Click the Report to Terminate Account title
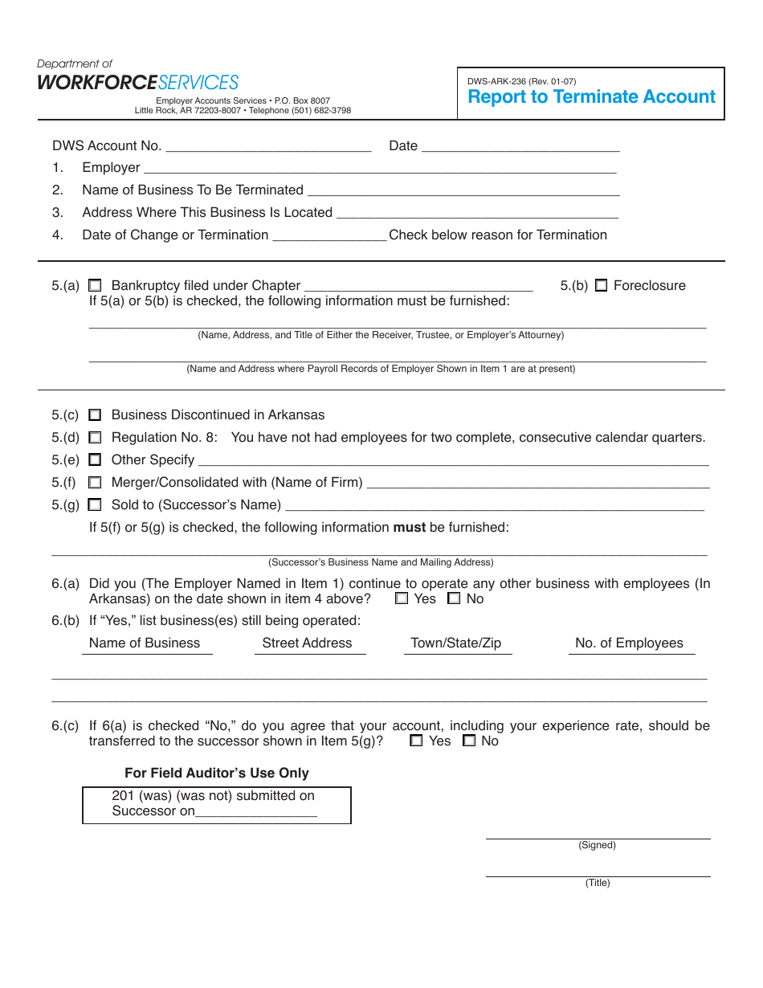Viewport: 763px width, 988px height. point(591,97)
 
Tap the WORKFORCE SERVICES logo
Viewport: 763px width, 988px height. point(137,83)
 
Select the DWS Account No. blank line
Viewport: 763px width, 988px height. point(268,146)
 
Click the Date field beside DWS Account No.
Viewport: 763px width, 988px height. point(520,146)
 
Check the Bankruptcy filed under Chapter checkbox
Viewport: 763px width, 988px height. point(95,286)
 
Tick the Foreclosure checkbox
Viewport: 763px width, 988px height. point(601,286)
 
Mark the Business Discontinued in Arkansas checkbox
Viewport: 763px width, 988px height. point(95,415)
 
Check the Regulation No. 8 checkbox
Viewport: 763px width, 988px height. point(95,438)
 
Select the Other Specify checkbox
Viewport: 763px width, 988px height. point(95,460)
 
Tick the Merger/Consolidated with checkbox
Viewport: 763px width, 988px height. point(95,483)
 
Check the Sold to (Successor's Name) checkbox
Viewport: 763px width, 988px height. point(95,505)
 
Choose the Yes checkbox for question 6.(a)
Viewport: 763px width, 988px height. point(402,598)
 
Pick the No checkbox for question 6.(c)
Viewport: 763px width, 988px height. point(469,741)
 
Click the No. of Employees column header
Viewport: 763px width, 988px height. point(629,643)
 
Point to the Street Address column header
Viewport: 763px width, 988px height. point(307,643)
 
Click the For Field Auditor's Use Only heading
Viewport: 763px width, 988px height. point(217,773)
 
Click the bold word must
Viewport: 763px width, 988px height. point(409,528)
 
